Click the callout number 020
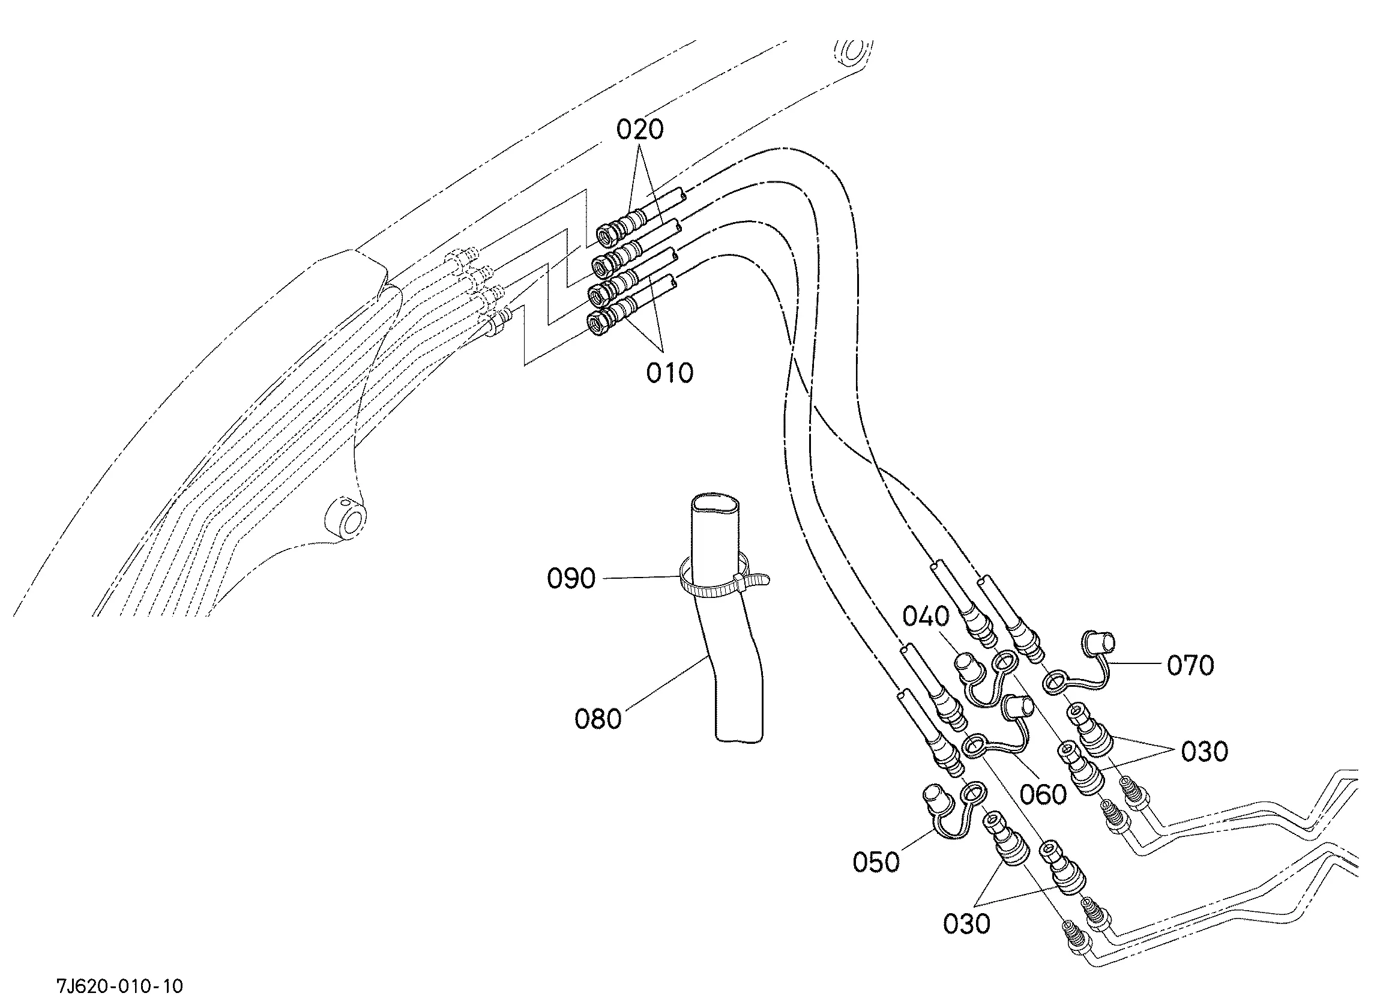pyautogui.click(x=639, y=129)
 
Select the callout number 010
pyautogui.click(x=669, y=373)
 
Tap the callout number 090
pyautogui.click(x=571, y=578)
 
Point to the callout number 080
pyautogui.click(x=598, y=719)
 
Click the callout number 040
pyautogui.click(x=926, y=617)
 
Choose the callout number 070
pyautogui.click(x=1190, y=665)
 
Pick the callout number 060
pyautogui.click(x=1043, y=794)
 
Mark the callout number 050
pyautogui.click(x=876, y=862)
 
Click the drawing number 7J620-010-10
pyautogui.click(x=120, y=986)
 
